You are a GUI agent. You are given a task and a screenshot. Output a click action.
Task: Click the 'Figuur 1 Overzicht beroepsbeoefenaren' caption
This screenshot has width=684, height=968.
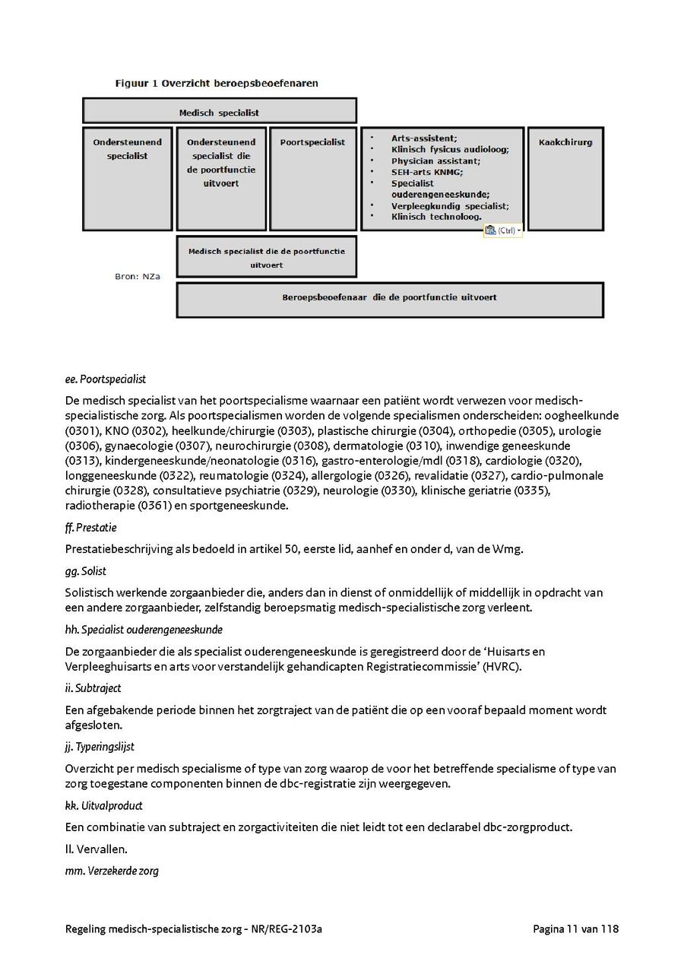click(217, 83)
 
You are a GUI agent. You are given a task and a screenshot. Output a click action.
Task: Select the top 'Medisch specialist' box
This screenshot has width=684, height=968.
click(219, 112)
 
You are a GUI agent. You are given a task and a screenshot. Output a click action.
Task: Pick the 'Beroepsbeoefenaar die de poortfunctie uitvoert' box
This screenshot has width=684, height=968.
click(389, 298)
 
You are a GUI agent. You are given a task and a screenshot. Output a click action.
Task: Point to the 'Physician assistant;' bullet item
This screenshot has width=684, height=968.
click(435, 161)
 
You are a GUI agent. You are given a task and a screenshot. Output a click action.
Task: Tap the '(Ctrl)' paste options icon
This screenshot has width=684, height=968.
click(502, 230)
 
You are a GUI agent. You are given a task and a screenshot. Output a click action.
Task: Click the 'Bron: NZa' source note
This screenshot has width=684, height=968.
click(138, 277)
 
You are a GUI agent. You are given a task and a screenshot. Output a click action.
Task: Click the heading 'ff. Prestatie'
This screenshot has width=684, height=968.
click(91, 527)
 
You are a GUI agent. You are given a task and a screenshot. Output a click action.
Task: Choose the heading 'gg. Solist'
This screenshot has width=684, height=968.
click(86, 570)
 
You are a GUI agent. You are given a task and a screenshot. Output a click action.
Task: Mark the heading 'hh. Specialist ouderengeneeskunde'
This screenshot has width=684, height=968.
click(144, 630)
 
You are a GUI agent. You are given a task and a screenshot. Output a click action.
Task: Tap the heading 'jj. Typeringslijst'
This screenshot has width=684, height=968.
click(100, 747)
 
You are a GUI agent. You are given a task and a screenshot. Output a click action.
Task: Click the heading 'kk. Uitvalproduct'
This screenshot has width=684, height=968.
click(104, 805)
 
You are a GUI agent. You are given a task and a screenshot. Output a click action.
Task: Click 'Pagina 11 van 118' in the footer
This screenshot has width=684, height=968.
click(575, 929)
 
